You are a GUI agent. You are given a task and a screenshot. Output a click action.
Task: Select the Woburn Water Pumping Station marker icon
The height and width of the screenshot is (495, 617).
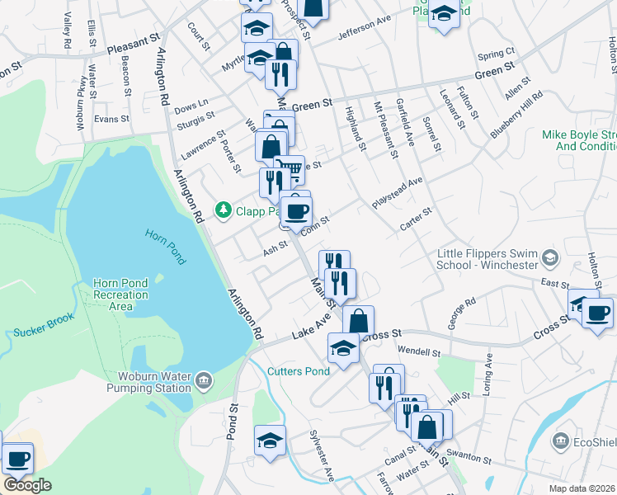[203, 382]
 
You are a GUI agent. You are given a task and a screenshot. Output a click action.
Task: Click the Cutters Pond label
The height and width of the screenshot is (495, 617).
[298, 371]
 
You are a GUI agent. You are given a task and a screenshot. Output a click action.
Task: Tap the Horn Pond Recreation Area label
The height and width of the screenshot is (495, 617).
[120, 295]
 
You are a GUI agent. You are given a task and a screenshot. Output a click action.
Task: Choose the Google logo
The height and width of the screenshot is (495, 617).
[27, 485]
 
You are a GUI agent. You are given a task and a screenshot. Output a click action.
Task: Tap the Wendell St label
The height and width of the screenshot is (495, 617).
[424, 352]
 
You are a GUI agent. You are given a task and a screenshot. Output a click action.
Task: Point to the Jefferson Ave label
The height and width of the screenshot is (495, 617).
[364, 31]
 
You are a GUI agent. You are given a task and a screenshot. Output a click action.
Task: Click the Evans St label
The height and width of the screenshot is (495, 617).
[112, 119]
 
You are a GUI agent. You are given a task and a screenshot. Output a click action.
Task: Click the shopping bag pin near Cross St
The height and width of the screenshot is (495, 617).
[358, 320]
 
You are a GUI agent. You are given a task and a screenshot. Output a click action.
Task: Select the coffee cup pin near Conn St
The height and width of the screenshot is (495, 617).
[297, 210]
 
